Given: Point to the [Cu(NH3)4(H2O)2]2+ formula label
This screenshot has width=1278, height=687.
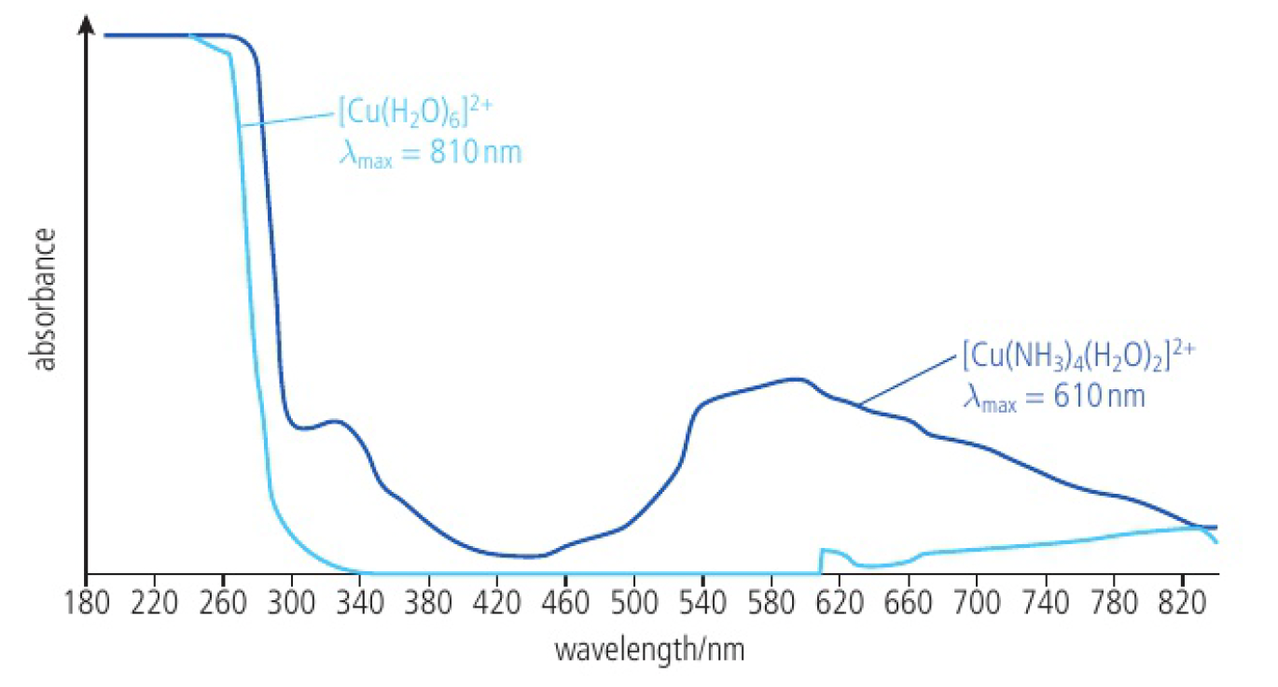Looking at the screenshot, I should (x=1077, y=358).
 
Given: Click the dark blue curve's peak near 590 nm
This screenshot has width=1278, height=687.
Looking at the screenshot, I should (x=795, y=379).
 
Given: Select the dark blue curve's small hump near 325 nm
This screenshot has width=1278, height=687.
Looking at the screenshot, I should (x=334, y=422).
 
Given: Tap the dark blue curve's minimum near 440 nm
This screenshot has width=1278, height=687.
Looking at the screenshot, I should (x=527, y=556).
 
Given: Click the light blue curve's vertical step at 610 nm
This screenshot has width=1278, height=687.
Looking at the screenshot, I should (x=821, y=560).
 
